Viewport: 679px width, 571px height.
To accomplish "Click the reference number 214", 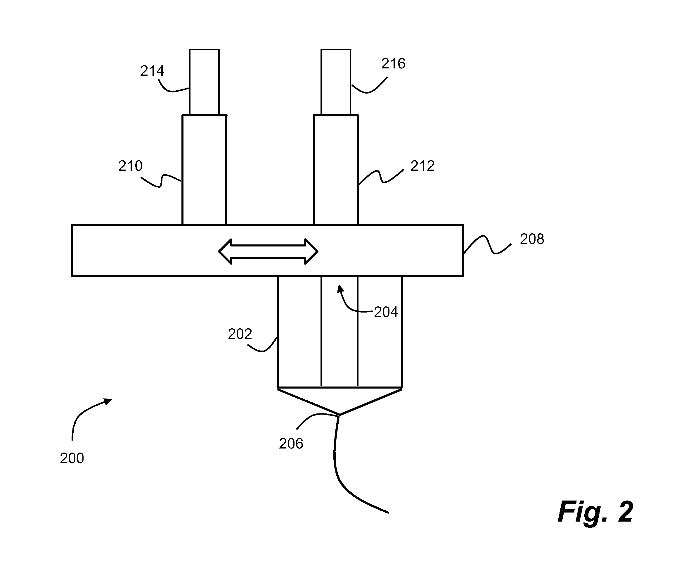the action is [152, 71].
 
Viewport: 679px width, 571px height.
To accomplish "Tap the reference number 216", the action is [393, 64].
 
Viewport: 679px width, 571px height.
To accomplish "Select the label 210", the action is [130, 166].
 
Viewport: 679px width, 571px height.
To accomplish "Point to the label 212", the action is [422, 166].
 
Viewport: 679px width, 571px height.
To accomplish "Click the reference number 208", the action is [532, 239].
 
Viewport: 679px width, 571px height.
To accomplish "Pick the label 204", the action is [386, 312].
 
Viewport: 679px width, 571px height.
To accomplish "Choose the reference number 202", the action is [240, 334].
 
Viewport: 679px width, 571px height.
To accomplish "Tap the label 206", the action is [291, 444].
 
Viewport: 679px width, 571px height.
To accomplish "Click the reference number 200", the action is [72, 458].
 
